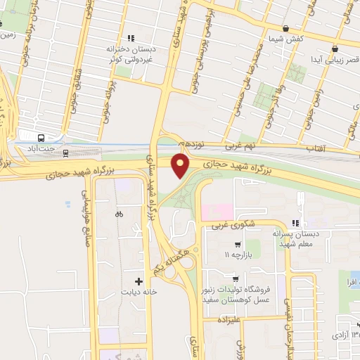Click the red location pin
coord(181,167)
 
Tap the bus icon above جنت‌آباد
coord(41,138)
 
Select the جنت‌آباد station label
coord(39,149)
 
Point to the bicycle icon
coord(119,214)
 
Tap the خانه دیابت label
coord(137,291)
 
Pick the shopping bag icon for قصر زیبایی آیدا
coord(335,49)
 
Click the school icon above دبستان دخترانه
coord(129,39)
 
